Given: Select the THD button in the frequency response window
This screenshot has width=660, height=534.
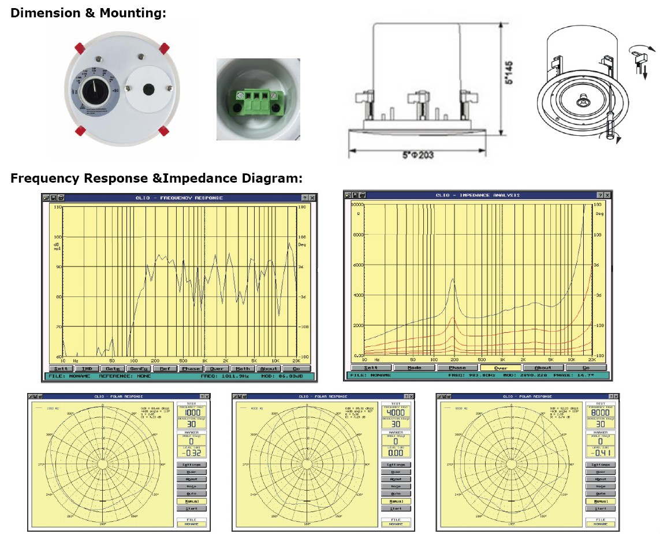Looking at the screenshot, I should [87, 369].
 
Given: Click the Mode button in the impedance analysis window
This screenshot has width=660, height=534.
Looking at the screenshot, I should [414, 368].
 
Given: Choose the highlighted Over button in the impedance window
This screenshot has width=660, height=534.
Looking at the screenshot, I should [500, 368].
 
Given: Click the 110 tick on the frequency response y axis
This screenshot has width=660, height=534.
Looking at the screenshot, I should [57, 206].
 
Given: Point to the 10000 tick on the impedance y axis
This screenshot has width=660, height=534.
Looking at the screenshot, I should [356, 205].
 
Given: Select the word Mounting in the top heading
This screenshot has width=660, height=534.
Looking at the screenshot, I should [132, 13].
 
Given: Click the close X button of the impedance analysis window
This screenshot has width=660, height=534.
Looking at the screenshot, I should [608, 195].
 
